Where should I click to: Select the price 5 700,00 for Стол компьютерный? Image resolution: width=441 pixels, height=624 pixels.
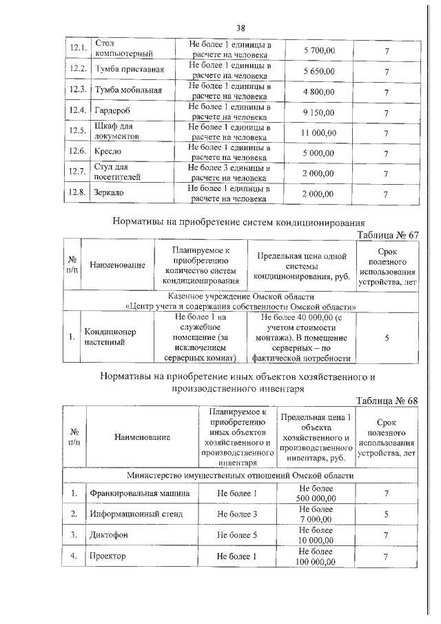[x=318, y=50]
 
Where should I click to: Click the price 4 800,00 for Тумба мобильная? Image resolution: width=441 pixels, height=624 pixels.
[x=318, y=91]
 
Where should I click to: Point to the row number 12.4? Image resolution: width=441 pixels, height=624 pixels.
[x=77, y=111]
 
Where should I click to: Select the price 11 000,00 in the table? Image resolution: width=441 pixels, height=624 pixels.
[x=318, y=132]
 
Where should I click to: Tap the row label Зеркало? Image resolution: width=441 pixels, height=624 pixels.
[x=110, y=193]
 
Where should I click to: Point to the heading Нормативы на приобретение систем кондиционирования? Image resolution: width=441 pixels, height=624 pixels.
[x=238, y=222]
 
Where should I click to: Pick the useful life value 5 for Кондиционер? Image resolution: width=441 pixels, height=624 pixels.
[x=387, y=337]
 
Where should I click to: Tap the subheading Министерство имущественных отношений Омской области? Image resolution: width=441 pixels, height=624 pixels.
[x=240, y=476]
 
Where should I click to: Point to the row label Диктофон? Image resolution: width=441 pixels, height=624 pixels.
[x=109, y=535]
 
